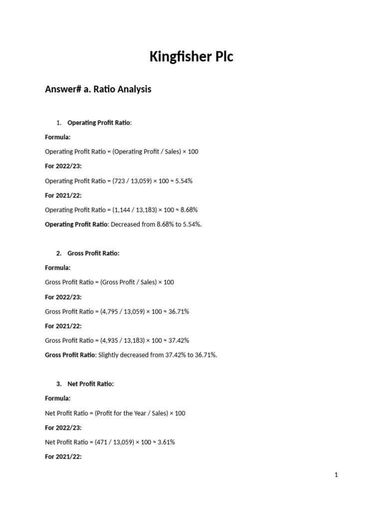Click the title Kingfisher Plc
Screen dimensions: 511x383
(x=191, y=57)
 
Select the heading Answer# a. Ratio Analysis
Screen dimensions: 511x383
(x=98, y=89)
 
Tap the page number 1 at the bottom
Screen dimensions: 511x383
(x=336, y=475)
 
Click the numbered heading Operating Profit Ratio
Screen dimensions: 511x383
(x=99, y=123)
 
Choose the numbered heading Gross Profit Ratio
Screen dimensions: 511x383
(x=93, y=254)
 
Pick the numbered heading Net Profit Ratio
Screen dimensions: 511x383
(x=90, y=384)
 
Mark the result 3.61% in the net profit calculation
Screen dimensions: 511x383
(x=167, y=442)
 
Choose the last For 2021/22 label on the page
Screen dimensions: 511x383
(x=63, y=457)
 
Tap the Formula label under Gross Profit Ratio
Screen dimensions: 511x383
(x=57, y=268)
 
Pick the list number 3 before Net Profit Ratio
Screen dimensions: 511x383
(x=59, y=384)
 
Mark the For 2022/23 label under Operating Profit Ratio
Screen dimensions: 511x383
(x=63, y=166)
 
